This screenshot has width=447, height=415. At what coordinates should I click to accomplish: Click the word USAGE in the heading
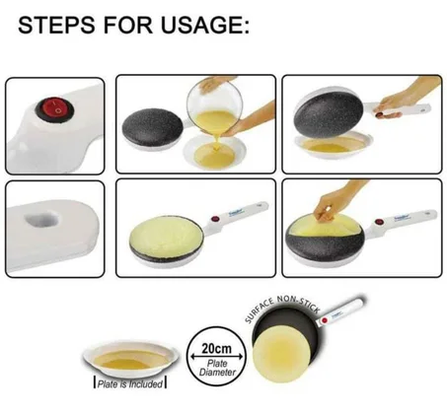click(x=204, y=26)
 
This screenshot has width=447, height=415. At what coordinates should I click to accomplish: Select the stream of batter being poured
click(x=216, y=142)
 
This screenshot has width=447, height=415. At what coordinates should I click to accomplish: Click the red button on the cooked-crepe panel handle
click(x=216, y=219)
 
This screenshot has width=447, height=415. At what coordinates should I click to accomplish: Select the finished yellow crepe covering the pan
click(x=165, y=234)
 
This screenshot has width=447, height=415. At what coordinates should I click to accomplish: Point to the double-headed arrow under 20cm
click(x=217, y=357)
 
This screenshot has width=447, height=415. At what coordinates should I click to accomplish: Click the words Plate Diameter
click(x=217, y=368)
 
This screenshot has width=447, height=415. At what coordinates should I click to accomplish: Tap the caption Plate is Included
click(x=130, y=383)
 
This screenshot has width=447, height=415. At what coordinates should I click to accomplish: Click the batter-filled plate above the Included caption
click(x=131, y=359)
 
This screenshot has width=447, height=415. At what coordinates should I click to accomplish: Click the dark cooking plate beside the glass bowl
click(x=152, y=125)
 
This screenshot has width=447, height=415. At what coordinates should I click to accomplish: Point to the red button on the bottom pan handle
click(x=325, y=320)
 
